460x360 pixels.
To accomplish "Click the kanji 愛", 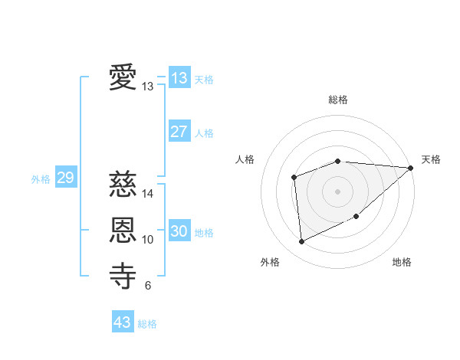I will coord(123,78).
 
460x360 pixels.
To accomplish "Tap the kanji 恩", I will coord(123,230).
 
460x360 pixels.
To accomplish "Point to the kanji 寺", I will coord(123,276).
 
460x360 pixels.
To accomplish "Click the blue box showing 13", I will coord(179,78).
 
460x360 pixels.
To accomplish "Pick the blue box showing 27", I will coord(179,132).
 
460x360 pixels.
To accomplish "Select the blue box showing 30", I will coord(179,231).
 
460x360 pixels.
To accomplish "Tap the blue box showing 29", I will coord(65,178).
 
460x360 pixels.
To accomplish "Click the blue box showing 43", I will coord(123,322).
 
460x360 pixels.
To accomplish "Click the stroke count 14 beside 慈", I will coord(148,194).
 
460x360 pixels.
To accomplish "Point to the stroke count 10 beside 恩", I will coord(148,240).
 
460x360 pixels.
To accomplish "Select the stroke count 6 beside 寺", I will coord(148,286).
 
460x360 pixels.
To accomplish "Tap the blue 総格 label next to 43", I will coord(147,324).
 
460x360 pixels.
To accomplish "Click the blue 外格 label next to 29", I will coord(41,179).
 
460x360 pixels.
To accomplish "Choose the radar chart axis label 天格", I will coord(431,159).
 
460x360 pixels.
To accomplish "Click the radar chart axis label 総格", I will coord(337,100).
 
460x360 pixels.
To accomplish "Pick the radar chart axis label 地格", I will coord(402,262).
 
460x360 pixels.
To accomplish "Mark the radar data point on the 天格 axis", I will coord(411,169).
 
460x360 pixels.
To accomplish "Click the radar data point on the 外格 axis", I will coord(301,241).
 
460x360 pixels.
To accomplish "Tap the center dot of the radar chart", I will coord(337,191).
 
